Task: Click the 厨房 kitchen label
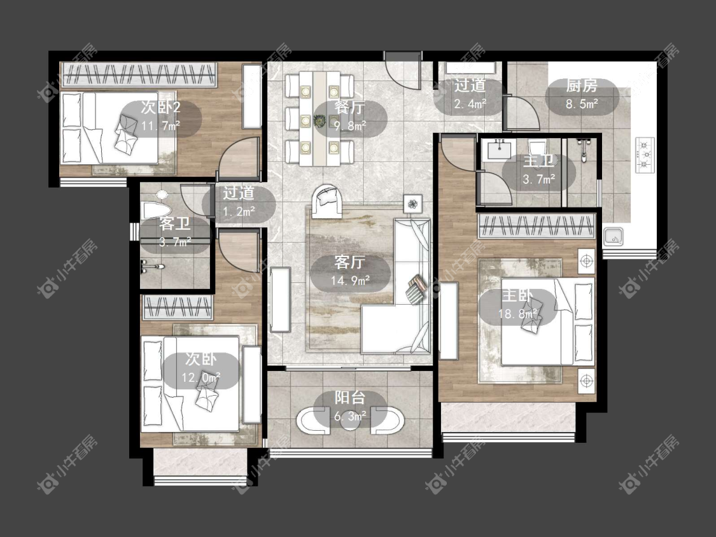[582, 85]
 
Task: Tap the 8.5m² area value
[582, 104]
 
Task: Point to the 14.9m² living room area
[350, 280]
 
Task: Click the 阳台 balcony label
[350, 398]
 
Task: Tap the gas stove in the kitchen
[644, 155]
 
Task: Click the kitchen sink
[614, 236]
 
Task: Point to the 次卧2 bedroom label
[160, 108]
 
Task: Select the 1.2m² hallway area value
[239, 212]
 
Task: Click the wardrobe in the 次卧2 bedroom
[138, 74]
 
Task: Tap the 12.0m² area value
[201, 378]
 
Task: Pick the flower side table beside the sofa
[413, 204]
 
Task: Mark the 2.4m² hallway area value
[470, 104]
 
